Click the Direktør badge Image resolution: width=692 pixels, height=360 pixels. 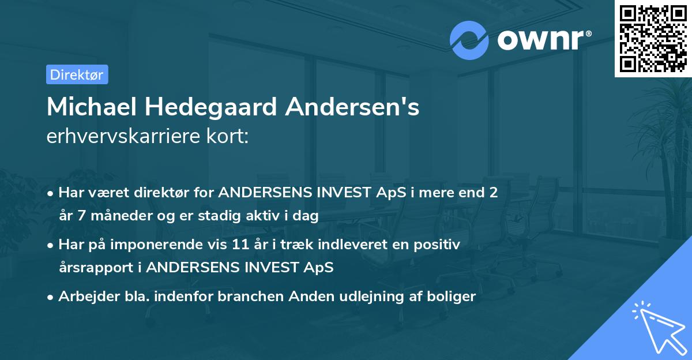click(77, 74)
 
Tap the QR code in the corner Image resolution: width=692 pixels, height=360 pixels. click(653, 38)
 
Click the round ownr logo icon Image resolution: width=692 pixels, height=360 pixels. click(469, 40)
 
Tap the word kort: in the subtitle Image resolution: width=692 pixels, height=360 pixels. click(230, 136)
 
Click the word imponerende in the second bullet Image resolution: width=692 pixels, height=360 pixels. click(157, 245)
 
